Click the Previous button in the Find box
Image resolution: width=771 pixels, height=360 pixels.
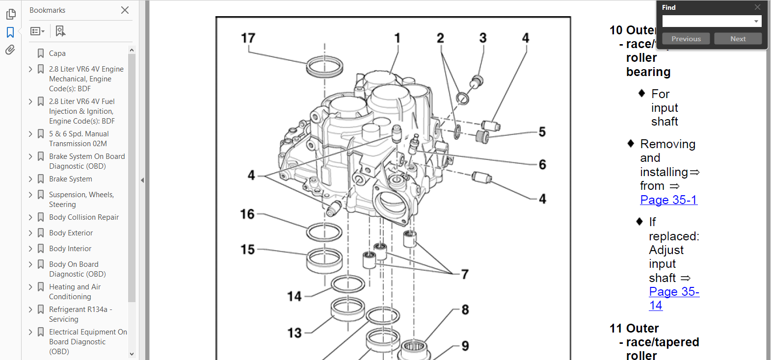tap(686, 39)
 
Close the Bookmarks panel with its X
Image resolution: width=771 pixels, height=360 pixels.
tap(125, 10)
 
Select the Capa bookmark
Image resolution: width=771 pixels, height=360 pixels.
tap(57, 53)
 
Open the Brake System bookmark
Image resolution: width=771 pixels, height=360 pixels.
tap(71, 179)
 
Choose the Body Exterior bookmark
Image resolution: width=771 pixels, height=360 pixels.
tap(71, 233)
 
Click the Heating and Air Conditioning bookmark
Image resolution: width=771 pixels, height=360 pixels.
tap(75, 291)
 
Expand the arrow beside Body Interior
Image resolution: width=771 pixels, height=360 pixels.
tap(30, 249)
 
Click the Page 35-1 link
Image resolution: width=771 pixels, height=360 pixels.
tap(668, 200)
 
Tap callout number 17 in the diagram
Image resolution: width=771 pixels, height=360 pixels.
tap(248, 38)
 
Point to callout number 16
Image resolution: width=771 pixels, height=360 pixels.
tap(247, 214)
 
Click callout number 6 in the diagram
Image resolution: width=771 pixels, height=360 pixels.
tap(542, 165)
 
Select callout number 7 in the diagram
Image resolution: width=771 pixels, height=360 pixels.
tap(465, 274)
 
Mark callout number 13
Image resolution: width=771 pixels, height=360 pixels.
tap(294, 333)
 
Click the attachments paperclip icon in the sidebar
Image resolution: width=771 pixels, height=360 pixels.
tap(10, 50)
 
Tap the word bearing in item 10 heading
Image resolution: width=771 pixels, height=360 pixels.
tap(648, 72)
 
